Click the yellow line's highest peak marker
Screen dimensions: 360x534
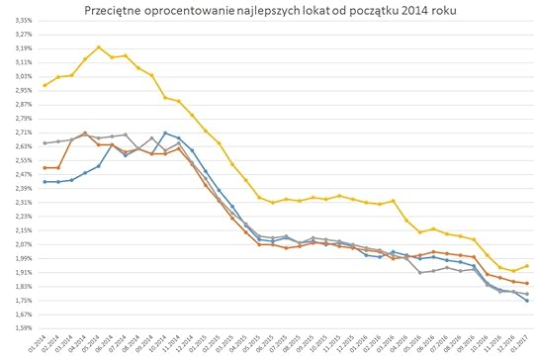pos(99,46)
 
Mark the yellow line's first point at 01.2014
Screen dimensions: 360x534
pos(45,85)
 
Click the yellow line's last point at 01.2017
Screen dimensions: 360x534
pos(526,265)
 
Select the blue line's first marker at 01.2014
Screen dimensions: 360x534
pos(45,182)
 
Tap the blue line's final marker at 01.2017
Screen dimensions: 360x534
pos(526,301)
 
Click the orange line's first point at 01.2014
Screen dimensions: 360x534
pos(45,168)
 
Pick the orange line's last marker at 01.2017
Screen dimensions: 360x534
pos(526,284)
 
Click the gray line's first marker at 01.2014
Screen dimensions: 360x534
pos(45,143)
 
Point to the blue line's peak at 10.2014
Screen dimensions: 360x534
pos(165,133)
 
